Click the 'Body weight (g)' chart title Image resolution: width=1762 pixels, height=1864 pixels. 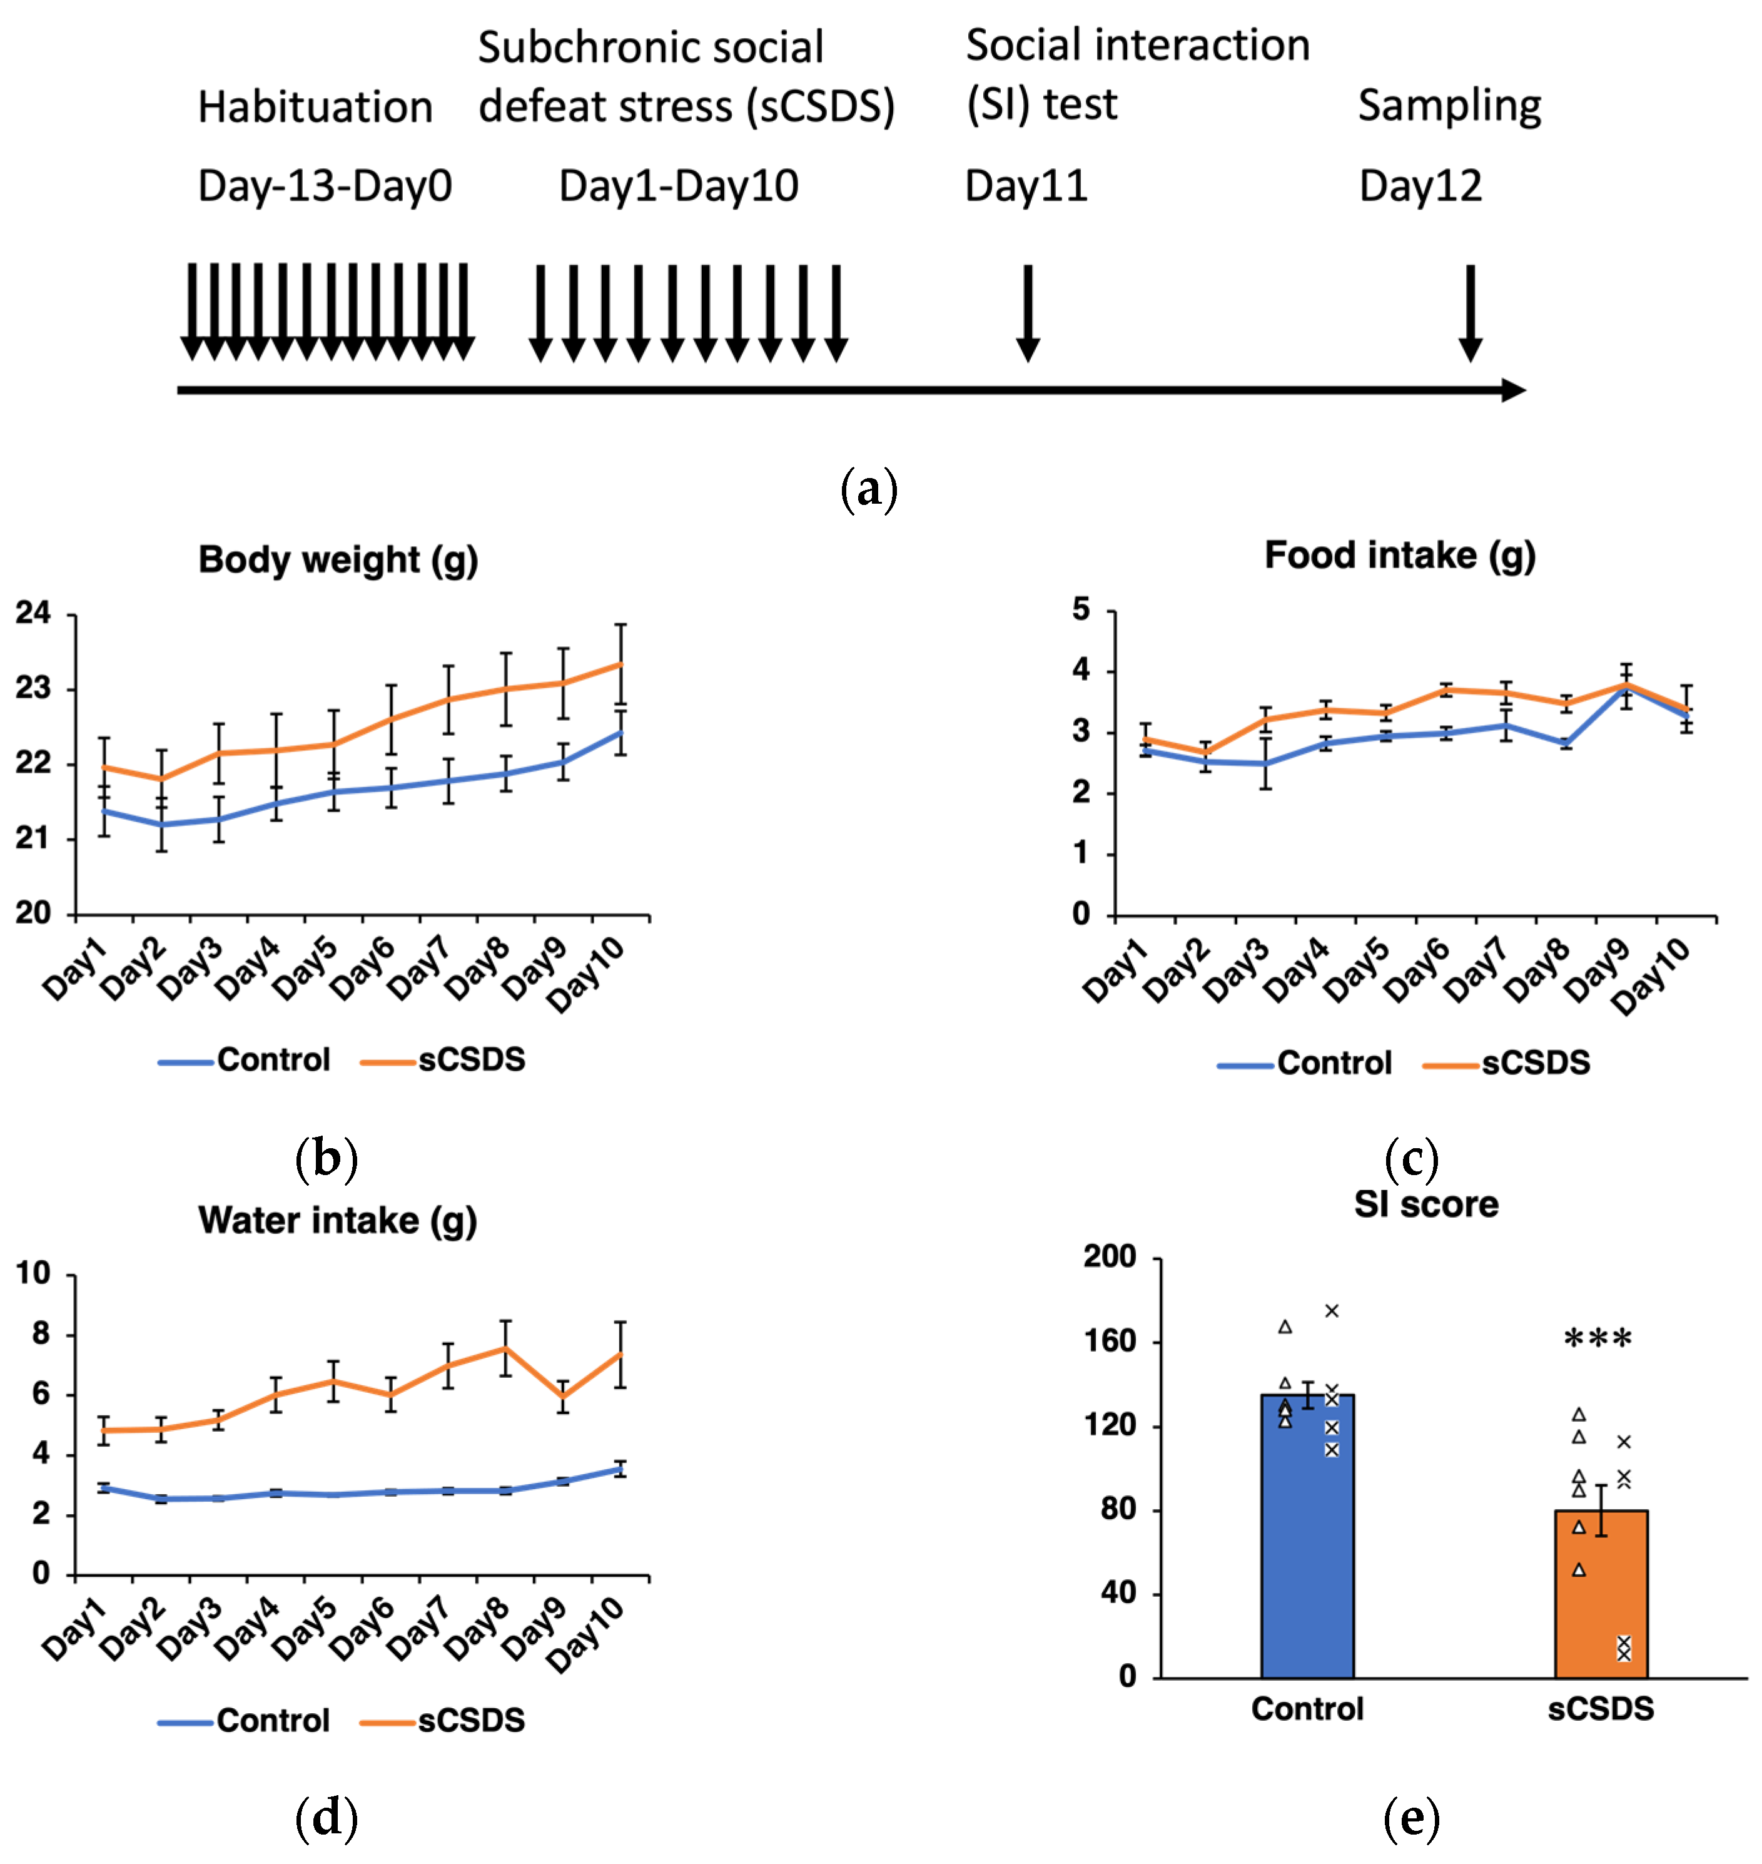tap(338, 560)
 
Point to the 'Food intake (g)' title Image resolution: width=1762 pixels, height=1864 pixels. tap(1399, 555)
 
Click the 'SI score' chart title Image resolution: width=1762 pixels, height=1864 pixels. tap(1425, 1204)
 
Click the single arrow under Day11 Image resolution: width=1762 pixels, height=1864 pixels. tap(1028, 313)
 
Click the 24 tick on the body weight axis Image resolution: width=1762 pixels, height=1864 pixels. tap(33, 613)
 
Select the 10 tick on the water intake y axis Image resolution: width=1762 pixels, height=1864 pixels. tap(33, 1274)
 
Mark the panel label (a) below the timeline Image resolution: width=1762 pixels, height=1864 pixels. tap(869, 489)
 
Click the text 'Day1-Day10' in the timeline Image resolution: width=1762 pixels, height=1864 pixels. tap(678, 186)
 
